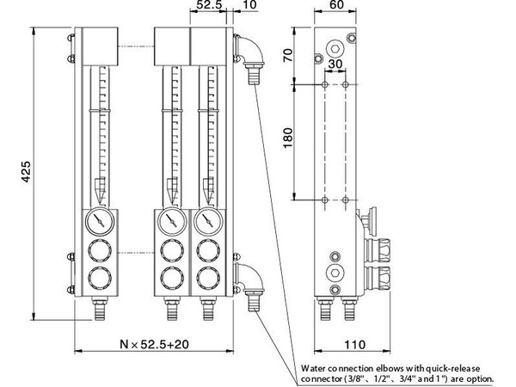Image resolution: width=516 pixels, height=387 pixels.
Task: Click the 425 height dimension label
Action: coord(26,171)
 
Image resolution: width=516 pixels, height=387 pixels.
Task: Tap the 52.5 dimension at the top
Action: coord(209,4)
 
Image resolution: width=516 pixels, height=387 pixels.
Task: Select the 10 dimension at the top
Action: coord(250,4)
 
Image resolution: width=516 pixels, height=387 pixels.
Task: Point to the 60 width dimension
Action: coord(335,4)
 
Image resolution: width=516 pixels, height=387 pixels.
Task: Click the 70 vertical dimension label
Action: coord(288,55)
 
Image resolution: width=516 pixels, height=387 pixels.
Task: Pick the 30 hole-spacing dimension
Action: coord(335,64)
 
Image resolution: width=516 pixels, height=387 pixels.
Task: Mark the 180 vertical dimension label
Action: coord(288,138)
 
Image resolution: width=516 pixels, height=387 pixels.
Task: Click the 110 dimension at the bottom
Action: coord(354,345)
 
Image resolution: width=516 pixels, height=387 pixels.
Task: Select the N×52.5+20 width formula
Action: coord(154,344)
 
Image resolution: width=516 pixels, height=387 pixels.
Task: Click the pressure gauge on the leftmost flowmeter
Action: coord(100,221)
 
